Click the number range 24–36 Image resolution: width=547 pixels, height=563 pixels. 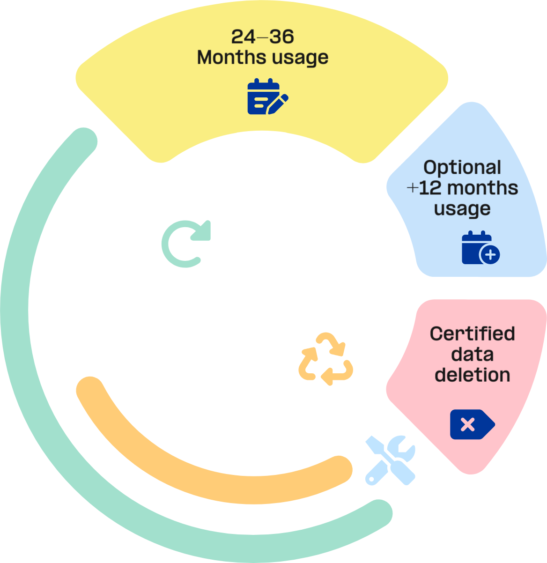click(x=263, y=37)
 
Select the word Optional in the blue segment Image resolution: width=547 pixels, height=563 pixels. click(x=462, y=168)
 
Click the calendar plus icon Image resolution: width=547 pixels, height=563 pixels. click(x=480, y=248)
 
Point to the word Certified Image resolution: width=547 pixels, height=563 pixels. click(x=472, y=334)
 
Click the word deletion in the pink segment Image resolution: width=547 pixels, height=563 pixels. click(x=472, y=375)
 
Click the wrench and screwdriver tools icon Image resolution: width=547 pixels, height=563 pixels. click(x=390, y=460)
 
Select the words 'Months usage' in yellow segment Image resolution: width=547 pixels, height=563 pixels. click(x=263, y=58)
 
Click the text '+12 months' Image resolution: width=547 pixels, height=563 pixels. click(x=462, y=188)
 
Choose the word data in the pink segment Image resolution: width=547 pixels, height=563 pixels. click(x=472, y=355)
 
